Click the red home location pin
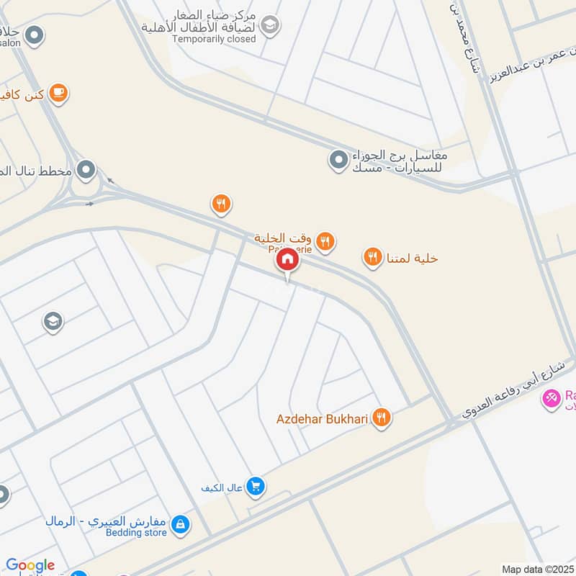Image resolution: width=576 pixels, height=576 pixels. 287,260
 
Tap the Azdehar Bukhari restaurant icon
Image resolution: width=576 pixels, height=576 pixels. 382,418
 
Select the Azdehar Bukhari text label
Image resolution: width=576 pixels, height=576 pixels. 323,418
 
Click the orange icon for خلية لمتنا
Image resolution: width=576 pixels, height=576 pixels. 372,257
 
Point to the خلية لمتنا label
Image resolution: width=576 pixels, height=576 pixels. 413,258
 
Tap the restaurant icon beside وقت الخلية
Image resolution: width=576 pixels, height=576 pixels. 326,241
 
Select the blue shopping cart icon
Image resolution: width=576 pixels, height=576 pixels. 255,487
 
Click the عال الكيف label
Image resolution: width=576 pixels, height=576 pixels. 220,487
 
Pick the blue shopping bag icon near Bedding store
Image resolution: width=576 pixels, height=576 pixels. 183,526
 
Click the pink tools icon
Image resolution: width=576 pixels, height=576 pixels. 551,397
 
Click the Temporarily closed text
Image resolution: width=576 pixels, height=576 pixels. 214,39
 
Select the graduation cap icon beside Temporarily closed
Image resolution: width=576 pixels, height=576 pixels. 270,26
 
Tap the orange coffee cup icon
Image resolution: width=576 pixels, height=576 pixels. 59,94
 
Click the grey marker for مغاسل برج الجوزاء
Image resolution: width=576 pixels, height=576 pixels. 338,160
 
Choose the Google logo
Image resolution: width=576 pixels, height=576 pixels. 30,565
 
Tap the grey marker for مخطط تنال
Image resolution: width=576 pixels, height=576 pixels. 86,171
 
